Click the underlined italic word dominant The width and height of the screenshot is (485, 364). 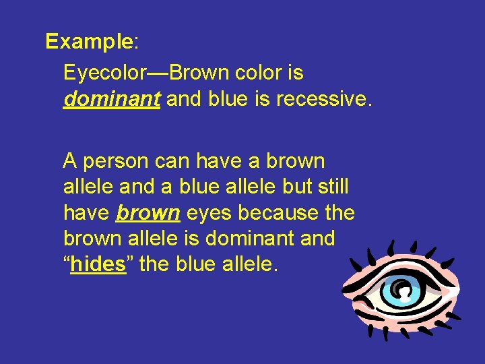(x=112, y=100)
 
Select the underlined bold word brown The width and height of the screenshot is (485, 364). (x=148, y=213)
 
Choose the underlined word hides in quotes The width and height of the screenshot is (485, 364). (x=98, y=264)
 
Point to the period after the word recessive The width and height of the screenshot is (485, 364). (x=368, y=102)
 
